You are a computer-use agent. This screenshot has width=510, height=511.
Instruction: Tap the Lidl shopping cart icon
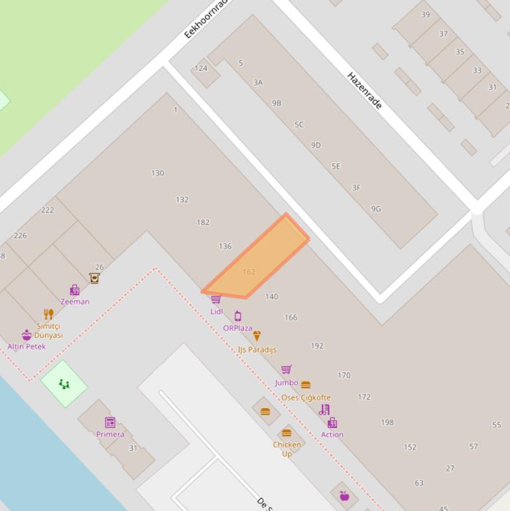tap(216, 300)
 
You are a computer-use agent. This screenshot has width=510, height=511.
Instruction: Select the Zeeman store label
tap(75, 301)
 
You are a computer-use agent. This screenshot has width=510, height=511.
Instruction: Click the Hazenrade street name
tap(365, 91)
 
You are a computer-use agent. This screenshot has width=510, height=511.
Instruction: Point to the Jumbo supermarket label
tap(287, 382)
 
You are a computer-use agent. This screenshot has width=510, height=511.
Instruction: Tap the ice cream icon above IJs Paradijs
tap(257, 336)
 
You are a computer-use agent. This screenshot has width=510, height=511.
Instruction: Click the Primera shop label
tap(110, 434)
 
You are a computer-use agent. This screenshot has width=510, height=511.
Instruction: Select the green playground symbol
tap(64, 384)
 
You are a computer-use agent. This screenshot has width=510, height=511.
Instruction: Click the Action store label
tap(332, 435)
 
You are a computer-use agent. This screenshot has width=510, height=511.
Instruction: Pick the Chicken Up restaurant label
tap(287, 449)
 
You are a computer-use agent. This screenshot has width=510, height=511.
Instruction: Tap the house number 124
tap(201, 68)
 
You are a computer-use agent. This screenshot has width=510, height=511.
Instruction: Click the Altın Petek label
tap(27, 346)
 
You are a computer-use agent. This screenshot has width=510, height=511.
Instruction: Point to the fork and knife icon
tap(48, 314)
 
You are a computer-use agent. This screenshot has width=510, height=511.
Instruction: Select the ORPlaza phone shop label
tap(237, 328)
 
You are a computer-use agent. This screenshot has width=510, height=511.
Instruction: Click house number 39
tap(425, 15)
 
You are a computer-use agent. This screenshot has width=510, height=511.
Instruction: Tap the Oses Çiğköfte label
tap(306, 398)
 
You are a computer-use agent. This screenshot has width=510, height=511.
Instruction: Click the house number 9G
tap(376, 209)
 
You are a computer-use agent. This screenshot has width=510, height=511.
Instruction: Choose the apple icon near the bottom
tap(344, 496)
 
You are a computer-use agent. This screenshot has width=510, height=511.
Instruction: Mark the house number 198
tap(387, 422)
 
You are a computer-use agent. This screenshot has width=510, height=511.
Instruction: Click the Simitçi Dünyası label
tap(48, 330)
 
